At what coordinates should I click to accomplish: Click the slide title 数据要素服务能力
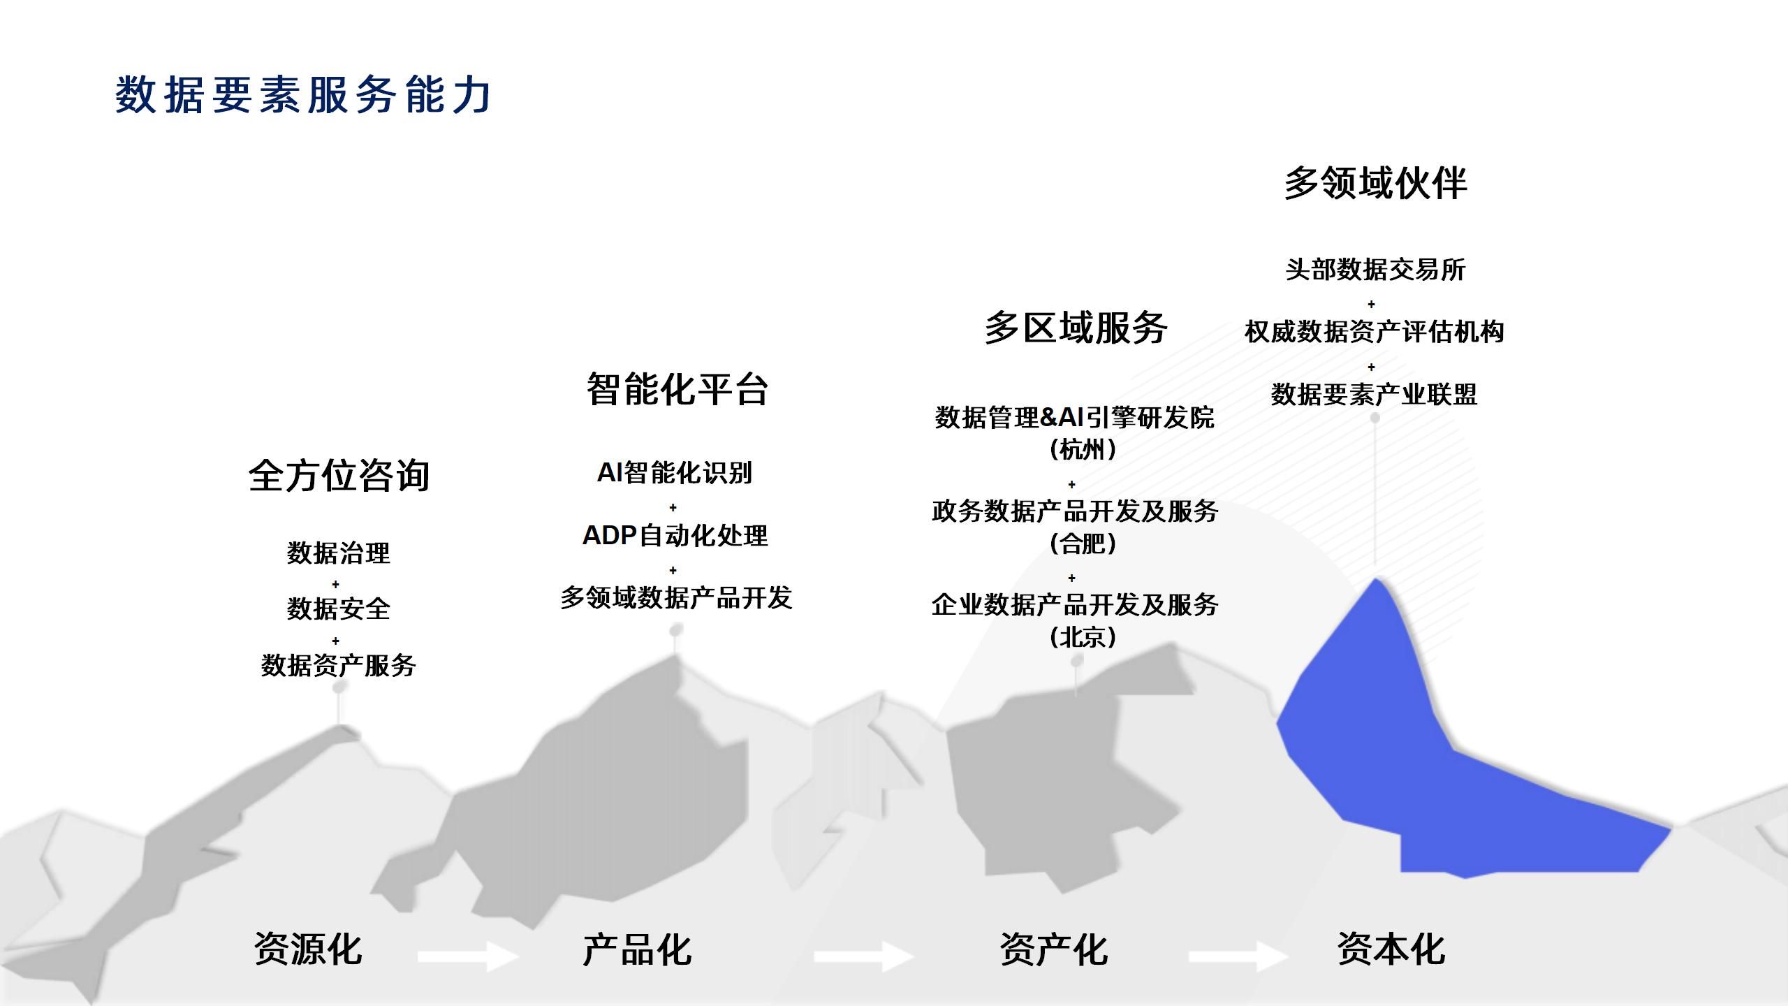[303, 95]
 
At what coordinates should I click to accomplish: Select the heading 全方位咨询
[339, 476]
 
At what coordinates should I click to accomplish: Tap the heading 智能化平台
[677, 389]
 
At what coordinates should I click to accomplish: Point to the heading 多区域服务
[1076, 328]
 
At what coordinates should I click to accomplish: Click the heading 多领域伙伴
[1375, 183]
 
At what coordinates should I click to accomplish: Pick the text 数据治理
[339, 553]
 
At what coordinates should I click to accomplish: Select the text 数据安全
[339, 609]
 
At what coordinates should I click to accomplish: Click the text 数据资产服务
[339, 665]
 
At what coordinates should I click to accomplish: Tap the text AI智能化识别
[675, 473]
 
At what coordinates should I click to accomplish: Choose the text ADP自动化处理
[675, 536]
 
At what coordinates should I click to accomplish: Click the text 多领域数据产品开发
[676, 598]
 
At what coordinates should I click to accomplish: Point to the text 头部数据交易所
[1375, 270]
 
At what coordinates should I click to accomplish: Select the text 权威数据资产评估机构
[1374, 332]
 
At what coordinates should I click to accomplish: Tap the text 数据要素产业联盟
[1374, 395]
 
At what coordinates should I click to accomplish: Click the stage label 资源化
[308, 949]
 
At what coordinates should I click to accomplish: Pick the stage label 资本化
[1391, 949]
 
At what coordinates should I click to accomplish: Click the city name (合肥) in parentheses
[1083, 543]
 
